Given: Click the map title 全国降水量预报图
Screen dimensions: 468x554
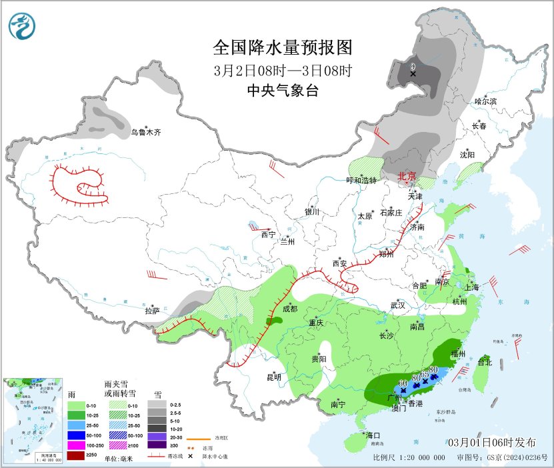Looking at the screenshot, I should pos(282,48).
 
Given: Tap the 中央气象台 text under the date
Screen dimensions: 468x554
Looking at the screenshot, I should pos(282,91).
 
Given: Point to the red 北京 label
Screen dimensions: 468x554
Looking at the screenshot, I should pos(406,177).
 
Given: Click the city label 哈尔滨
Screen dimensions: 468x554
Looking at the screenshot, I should pos(485,101).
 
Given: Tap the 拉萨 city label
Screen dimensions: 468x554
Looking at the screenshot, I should pos(153,311).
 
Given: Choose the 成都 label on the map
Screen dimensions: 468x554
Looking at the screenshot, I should pos(289,309).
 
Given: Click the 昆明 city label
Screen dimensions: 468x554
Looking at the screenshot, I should pos(274,377).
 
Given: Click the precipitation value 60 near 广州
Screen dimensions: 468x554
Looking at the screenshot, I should pos(402,383).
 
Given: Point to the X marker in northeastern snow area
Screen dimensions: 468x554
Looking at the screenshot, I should pos(413,73).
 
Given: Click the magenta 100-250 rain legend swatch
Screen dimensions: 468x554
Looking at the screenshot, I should pos(77,443).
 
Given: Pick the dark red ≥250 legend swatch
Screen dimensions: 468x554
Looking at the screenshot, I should pos(77,455).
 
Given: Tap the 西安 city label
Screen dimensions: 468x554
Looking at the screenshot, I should pos(340,263).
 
